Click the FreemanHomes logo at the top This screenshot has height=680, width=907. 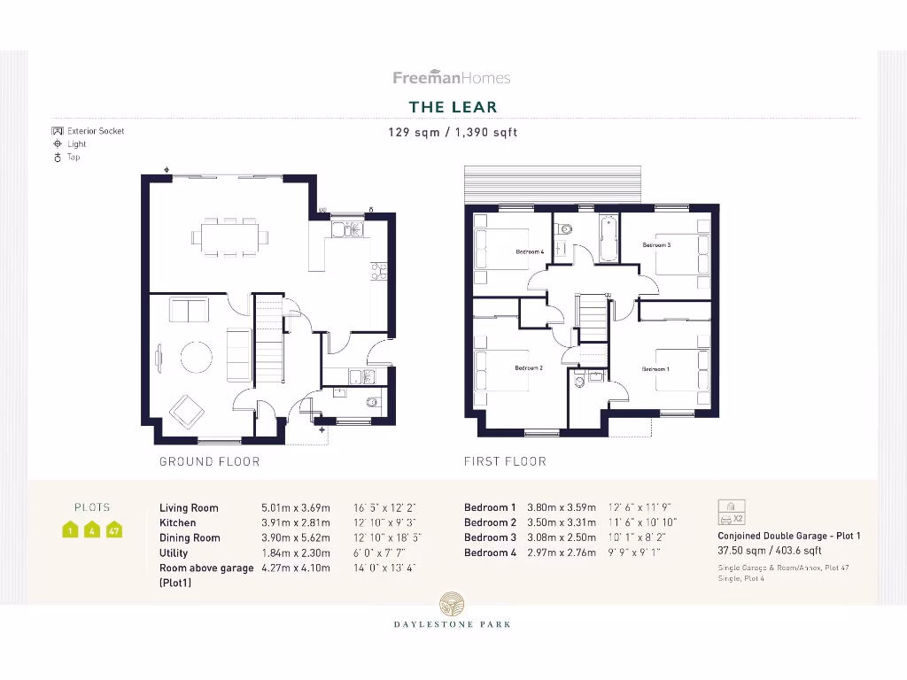[x=452, y=78]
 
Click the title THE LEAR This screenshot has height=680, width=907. [x=453, y=107]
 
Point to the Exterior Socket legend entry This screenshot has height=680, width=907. [x=88, y=131]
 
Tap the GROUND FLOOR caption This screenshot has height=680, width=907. [x=209, y=461]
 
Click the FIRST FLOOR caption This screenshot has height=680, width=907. [x=505, y=461]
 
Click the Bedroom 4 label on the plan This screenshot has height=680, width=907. [x=529, y=252]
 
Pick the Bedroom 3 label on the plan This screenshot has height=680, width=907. [x=655, y=244]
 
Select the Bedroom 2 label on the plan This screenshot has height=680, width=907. [x=529, y=367]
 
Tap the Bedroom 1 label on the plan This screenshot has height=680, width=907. [x=655, y=368]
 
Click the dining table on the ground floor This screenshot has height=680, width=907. [x=229, y=237]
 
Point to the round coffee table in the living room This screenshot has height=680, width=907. [x=197, y=357]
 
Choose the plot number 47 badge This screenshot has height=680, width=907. [x=113, y=531]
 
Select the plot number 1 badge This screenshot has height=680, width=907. [x=70, y=531]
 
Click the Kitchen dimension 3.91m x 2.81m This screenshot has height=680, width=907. [x=295, y=522]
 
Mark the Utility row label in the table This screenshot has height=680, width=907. [x=174, y=552]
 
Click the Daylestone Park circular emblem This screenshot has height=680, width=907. [x=452, y=605]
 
